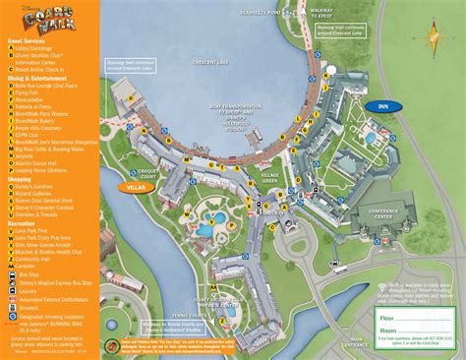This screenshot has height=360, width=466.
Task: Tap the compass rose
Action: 430,38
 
